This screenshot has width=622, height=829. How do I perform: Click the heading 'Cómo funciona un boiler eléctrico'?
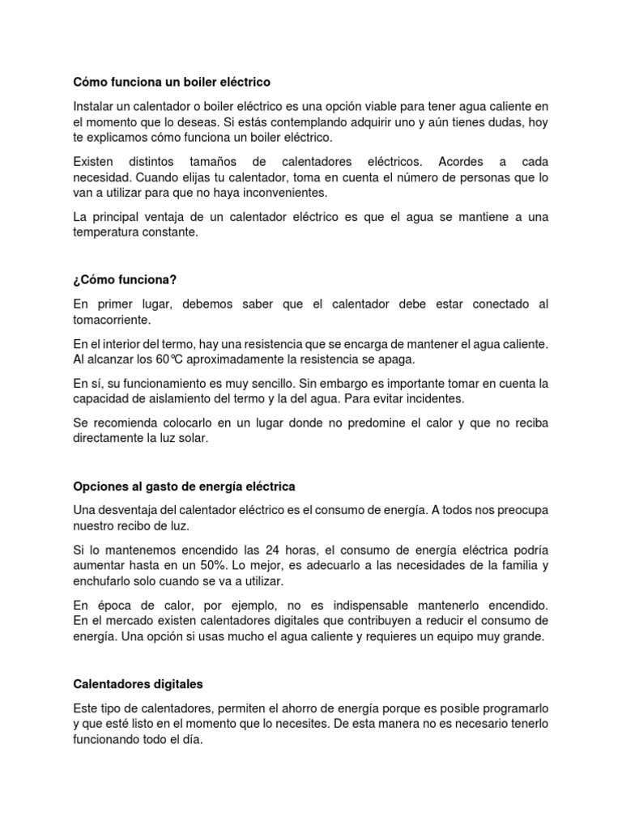(172, 83)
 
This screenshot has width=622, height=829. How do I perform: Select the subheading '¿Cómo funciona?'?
(125, 280)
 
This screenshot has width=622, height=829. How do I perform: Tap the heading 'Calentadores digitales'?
(138, 684)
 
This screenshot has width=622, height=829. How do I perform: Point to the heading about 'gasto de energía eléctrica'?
(184, 487)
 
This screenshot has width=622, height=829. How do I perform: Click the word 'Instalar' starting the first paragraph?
(95, 106)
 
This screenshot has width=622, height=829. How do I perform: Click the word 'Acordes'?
(445, 161)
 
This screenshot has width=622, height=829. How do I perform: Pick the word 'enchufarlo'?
(102, 581)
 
